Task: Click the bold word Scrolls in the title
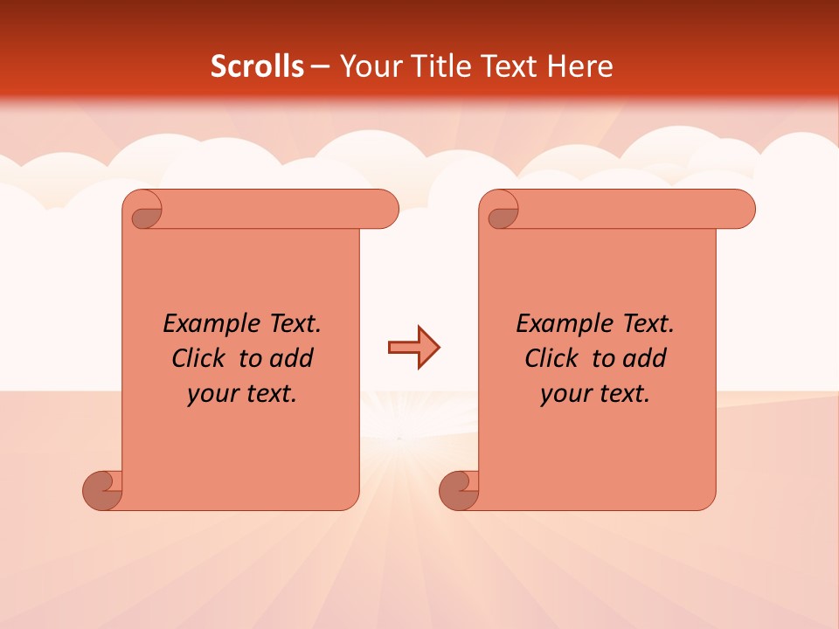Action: coord(257,66)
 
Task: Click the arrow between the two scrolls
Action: coord(413,348)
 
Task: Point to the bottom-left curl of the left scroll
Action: coord(103,489)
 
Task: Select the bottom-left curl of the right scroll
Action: coord(459,489)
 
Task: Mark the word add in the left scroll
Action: coord(291,358)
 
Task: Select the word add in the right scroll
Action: coord(645,358)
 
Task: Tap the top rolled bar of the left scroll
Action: coord(271,209)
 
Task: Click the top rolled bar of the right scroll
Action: coord(629,209)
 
